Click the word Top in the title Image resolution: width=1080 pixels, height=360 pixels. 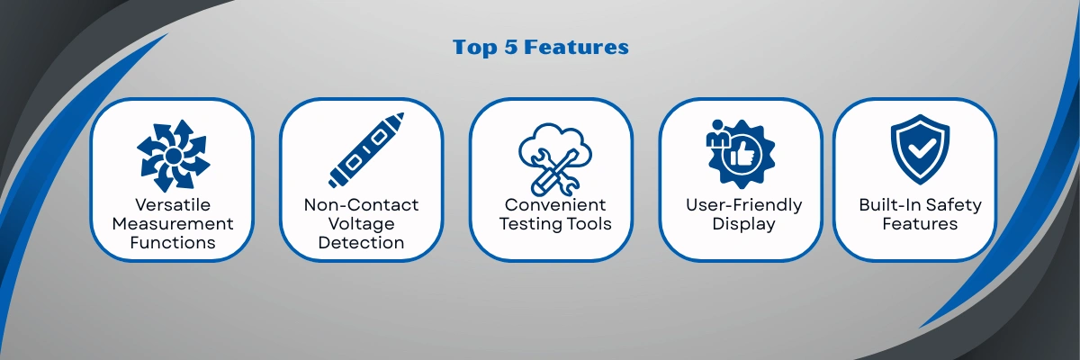(x=474, y=48)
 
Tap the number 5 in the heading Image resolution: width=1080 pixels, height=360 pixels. (x=510, y=47)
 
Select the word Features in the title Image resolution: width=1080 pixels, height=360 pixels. (x=576, y=47)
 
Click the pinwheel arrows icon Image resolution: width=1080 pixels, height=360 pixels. (x=173, y=156)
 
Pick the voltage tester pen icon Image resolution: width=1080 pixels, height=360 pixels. (x=366, y=150)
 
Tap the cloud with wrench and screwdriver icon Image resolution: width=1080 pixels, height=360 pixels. (x=555, y=159)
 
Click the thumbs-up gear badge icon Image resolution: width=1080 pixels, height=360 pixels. (x=741, y=154)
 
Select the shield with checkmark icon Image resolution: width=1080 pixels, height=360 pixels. (x=920, y=149)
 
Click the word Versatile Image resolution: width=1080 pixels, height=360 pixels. (x=173, y=205)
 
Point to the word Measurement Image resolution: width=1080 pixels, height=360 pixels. (x=173, y=223)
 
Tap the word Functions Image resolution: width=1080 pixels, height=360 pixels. (x=173, y=242)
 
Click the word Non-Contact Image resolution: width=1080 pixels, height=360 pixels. (x=361, y=205)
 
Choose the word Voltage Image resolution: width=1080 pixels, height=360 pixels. (x=361, y=224)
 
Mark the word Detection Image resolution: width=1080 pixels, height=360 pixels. (x=361, y=242)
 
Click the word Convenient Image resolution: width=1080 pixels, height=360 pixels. (x=555, y=205)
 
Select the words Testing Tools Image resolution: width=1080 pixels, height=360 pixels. (x=555, y=224)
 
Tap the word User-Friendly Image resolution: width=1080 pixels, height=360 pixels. (x=744, y=205)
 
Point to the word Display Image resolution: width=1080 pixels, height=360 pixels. (x=744, y=224)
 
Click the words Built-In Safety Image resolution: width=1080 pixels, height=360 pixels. (x=920, y=205)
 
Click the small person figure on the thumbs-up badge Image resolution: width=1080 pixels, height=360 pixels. (x=717, y=134)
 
